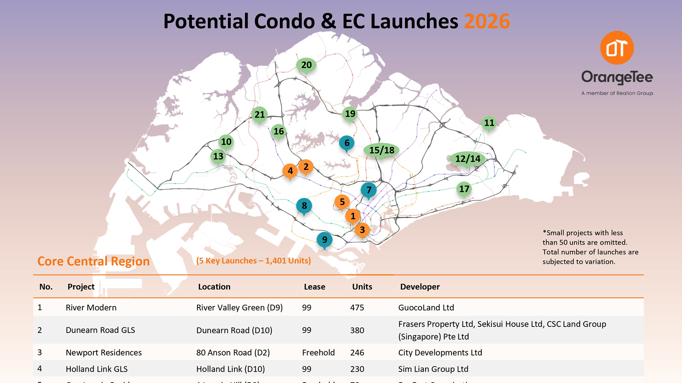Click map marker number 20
coord(306,65)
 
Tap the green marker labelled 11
coord(489,123)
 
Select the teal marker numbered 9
coord(324,240)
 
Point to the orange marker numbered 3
coord(362,230)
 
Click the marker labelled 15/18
coord(381,150)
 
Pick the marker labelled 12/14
coord(467,159)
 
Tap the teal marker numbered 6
coord(347,143)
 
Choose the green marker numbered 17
coord(464,189)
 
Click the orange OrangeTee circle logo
coord(617,48)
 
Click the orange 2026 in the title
coord(487,21)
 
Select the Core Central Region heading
coord(93,261)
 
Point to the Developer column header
coord(420,287)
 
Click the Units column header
coord(362,287)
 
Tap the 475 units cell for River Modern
coord(357,307)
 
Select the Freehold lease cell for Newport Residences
coord(318,353)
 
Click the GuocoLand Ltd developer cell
coord(426,307)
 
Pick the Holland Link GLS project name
coord(97,369)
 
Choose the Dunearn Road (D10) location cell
coord(234,330)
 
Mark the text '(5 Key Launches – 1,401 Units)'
coord(253,261)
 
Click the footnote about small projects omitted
coord(590,247)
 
